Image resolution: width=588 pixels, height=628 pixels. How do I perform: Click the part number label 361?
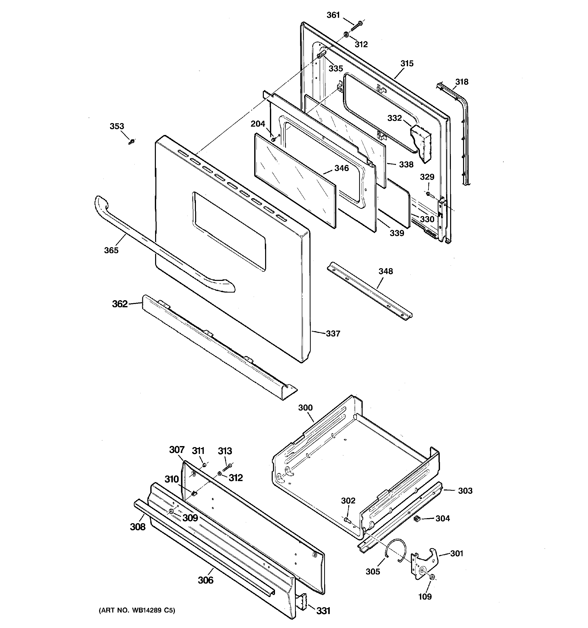(333, 15)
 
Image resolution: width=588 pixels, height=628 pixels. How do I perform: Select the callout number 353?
(117, 126)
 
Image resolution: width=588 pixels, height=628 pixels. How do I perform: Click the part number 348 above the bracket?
(386, 271)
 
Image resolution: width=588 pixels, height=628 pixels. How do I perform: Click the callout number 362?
(120, 304)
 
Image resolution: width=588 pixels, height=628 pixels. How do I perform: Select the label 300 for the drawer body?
(305, 408)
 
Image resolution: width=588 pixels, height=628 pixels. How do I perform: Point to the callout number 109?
(425, 597)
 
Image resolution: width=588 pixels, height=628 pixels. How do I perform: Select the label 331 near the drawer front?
(323, 611)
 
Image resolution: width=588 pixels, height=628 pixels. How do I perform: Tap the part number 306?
(206, 580)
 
